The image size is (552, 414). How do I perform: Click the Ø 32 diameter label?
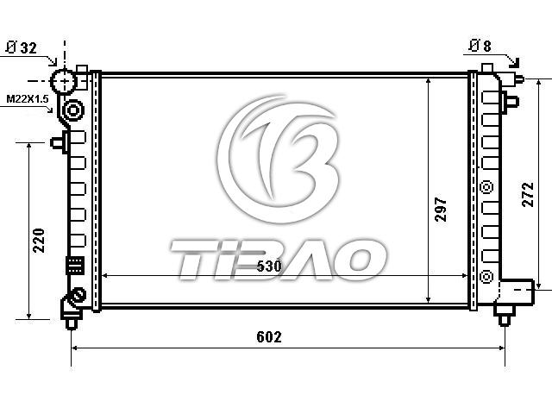(22, 47)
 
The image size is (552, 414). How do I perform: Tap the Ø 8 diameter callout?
(480, 46)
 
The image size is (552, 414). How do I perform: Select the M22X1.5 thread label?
(28, 99)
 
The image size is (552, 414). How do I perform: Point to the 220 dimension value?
(39, 241)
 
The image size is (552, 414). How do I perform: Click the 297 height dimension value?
(441, 209)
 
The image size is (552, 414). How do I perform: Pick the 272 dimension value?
(528, 194)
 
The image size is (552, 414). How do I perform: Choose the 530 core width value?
(269, 267)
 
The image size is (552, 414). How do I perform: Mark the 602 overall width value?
(269, 337)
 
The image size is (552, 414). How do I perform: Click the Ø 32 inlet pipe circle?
(64, 81)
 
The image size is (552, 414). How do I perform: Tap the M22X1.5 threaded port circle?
(73, 110)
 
